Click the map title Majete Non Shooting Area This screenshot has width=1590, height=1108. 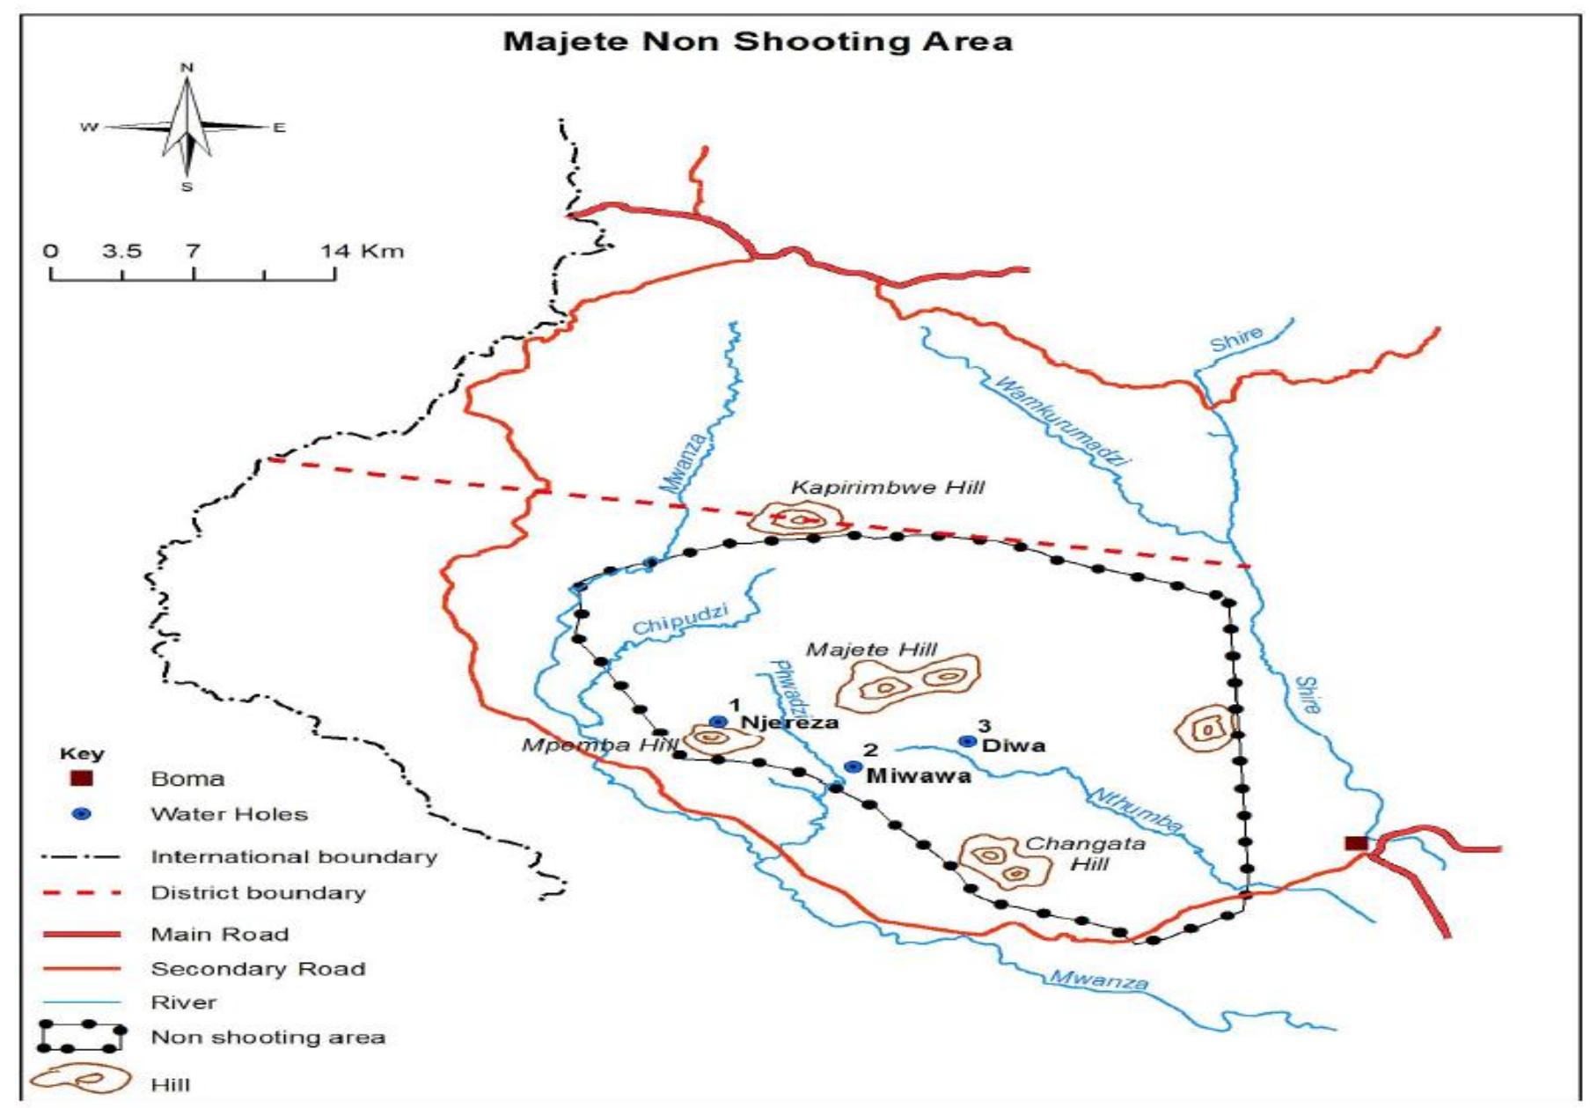click(x=758, y=41)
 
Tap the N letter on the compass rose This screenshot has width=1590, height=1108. click(x=187, y=68)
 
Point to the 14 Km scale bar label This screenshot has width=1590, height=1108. click(x=362, y=251)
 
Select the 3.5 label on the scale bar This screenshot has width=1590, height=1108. click(x=121, y=251)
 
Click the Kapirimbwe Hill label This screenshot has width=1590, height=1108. click(x=887, y=488)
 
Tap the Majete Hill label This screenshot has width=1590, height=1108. click(x=871, y=650)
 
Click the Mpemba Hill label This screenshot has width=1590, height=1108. click(x=600, y=745)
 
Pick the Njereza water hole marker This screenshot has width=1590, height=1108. click(x=718, y=722)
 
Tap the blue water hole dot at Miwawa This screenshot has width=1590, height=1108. click(x=852, y=767)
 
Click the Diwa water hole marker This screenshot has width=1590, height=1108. click(x=967, y=742)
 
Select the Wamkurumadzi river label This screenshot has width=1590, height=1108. click(x=1060, y=420)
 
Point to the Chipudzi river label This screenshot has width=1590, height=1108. click(x=680, y=620)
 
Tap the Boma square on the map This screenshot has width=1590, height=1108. click(x=1356, y=843)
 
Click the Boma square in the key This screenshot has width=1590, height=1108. click(x=81, y=778)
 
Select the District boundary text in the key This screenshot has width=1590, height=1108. click(x=258, y=892)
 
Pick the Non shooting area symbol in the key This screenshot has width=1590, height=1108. click(x=81, y=1037)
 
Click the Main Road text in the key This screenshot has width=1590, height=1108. click(x=219, y=934)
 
